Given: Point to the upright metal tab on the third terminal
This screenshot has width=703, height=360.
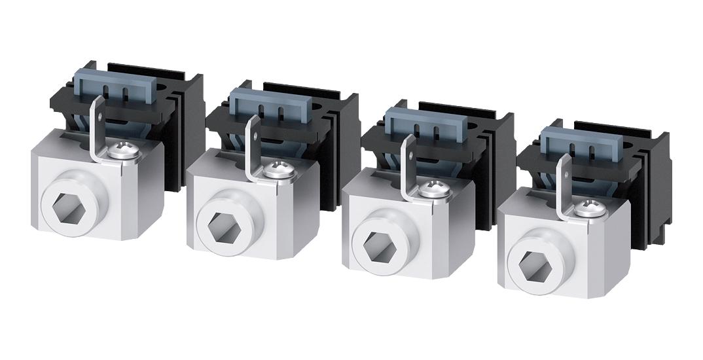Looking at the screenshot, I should click(x=408, y=159).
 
